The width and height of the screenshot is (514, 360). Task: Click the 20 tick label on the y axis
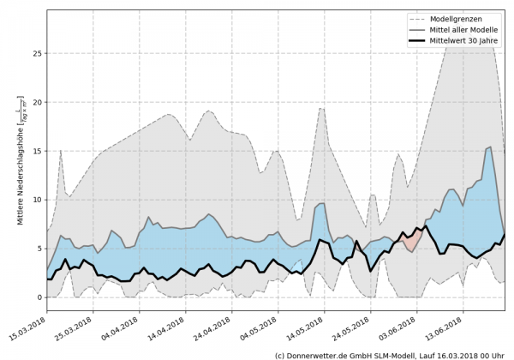coord(38,102)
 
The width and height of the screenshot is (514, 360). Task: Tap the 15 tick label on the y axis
coord(38,151)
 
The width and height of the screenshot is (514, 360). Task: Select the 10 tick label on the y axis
coord(38,200)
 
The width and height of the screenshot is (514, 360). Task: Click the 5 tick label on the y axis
coord(40,249)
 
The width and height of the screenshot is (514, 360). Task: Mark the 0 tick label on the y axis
coord(40,297)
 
